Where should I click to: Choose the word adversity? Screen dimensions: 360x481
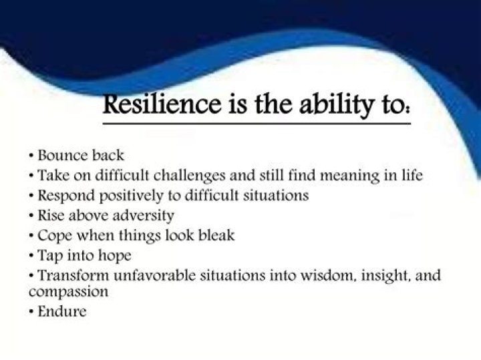pyautogui.click(x=142, y=216)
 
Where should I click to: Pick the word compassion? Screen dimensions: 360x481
pyautogui.click(x=69, y=293)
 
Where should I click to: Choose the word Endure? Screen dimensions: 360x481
pyautogui.click(x=62, y=311)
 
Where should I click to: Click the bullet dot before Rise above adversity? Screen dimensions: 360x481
pyautogui.click(x=32, y=216)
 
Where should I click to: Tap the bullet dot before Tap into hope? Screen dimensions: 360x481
pyautogui.click(x=32, y=255)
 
